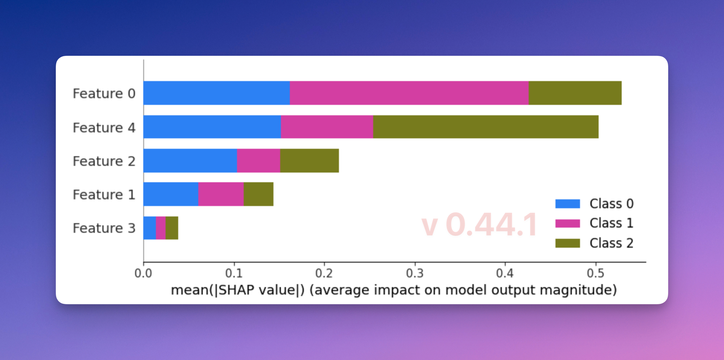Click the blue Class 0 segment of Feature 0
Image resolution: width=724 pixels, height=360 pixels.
[217, 93]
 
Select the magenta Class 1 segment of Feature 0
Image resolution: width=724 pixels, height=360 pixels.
[409, 93]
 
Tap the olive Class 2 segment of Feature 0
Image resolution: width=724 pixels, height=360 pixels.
[575, 93]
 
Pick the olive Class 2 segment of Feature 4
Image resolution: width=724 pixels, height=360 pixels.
[486, 127]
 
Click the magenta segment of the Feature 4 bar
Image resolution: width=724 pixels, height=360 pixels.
[327, 127]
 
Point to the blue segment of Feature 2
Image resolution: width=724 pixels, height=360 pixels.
[190, 161]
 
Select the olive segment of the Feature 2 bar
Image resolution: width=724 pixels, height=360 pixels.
[309, 161]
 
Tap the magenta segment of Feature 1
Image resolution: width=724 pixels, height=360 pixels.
[221, 194]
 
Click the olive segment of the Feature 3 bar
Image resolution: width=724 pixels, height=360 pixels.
[172, 228]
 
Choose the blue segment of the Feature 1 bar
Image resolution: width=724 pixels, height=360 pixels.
[171, 194]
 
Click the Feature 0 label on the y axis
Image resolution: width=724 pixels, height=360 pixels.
[104, 93]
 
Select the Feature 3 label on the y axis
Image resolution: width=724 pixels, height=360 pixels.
[104, 228]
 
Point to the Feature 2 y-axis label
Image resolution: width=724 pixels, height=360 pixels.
[104, 161]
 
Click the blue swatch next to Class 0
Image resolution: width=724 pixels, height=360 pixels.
[567, 204]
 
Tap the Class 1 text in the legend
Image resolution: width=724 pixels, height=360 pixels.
[611, 223]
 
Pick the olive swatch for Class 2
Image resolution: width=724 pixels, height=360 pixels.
[567, 243]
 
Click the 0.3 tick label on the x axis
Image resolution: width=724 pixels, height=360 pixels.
[414, 274]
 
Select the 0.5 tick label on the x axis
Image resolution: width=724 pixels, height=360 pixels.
[595, 274]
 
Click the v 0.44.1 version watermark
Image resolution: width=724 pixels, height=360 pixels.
[479, 225]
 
